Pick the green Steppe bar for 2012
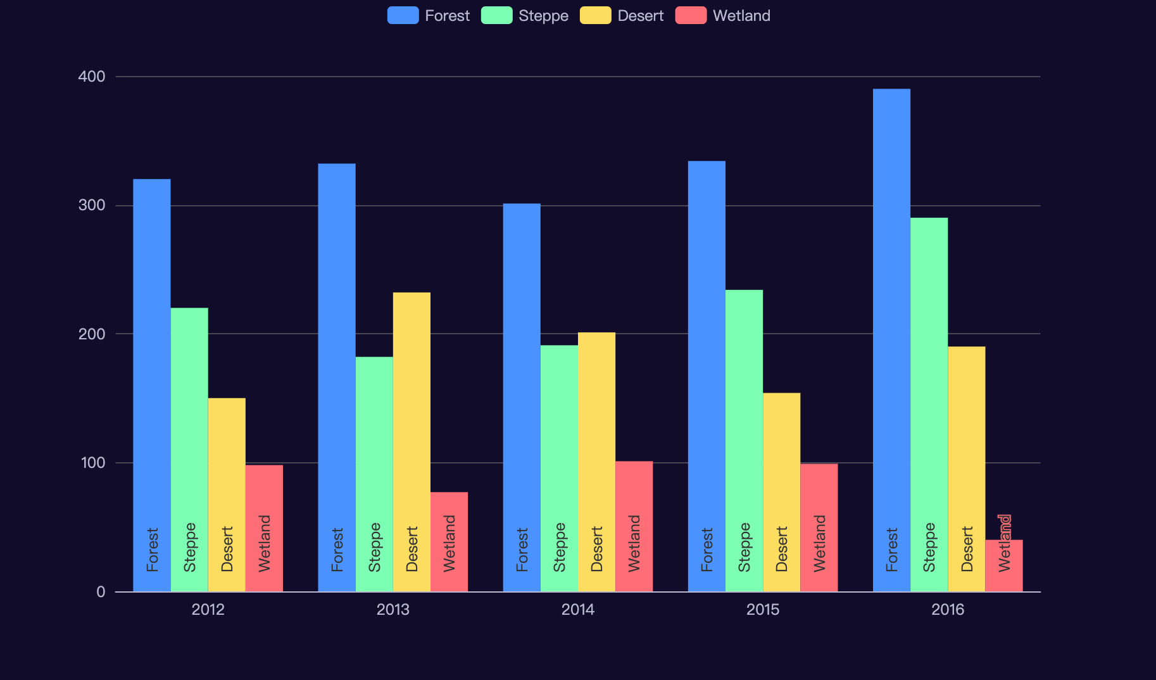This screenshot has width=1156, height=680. pos(189,450)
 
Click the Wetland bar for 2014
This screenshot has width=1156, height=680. pos(634,526)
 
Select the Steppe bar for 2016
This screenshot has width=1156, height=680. pos(929,405)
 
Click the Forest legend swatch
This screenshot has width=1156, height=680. pos(403,15)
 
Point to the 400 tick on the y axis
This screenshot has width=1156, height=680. pos(92,77)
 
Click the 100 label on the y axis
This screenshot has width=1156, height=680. pos(92,463)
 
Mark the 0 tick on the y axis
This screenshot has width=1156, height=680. pos(101,592)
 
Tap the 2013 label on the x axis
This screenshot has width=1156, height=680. pos(393,610)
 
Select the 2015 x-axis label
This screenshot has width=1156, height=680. pos(762,610)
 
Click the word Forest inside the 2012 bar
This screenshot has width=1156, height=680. pos(152,550)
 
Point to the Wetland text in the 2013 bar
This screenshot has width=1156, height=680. pos(449,543)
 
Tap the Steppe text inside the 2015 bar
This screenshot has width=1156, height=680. pos(744,547)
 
